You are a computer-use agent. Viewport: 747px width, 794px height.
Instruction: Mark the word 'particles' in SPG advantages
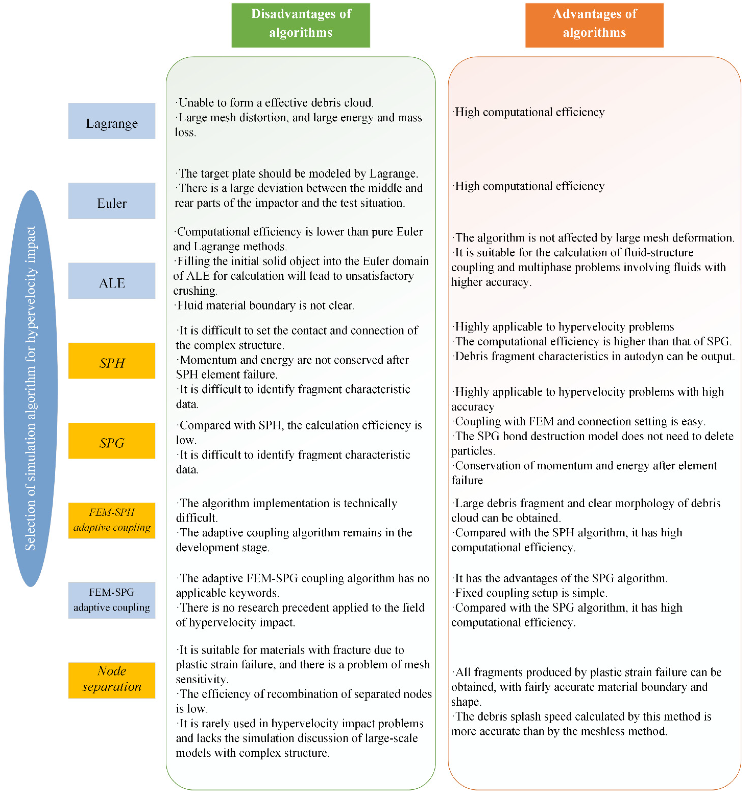[473, 451]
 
